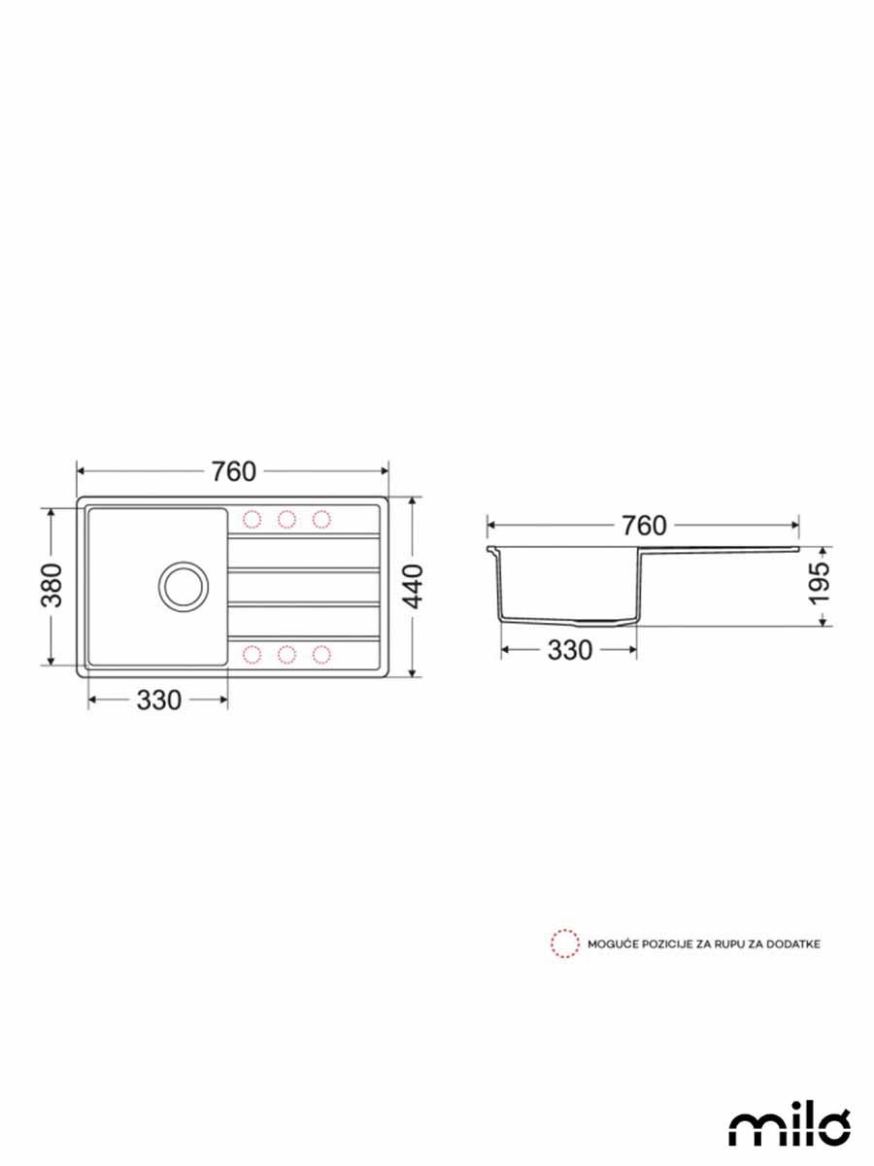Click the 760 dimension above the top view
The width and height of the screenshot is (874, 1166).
coord(233,471)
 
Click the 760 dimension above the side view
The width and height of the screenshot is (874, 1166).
coord(644,526)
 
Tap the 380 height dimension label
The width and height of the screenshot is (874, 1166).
coord(51,585)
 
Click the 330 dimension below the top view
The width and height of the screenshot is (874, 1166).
coord(158,700)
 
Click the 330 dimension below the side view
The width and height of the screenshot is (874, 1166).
coord(568,650)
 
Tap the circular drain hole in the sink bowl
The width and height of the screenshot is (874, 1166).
coord(183,586)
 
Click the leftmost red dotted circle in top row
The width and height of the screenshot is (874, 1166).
coord(252,519)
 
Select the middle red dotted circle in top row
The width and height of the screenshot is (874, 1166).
coord(286,519)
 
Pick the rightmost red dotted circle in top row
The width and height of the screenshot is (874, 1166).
coord(321,519)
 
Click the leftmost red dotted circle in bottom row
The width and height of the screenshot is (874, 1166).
coord(252,654)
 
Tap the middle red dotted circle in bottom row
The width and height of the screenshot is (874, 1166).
coord(286,654)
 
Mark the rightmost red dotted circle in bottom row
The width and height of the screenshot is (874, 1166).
coord(321,654)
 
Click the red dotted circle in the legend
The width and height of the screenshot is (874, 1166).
coord(562,943)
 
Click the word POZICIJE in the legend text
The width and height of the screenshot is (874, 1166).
coord(659,944)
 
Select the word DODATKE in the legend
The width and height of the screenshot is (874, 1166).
coord(793,944)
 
